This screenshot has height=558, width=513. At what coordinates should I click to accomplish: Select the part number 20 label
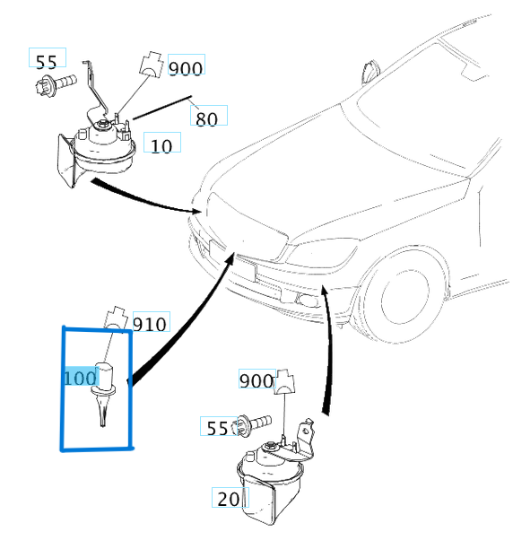click(x=228, y=499)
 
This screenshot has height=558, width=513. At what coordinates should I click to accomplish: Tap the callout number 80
click(x=207, y=117)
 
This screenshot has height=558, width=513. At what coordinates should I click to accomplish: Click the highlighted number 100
click(x=80, y=378)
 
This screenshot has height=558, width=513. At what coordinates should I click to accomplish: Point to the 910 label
click(x=150, y=323)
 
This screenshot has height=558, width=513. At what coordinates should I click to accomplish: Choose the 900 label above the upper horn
click(x=186, y=67)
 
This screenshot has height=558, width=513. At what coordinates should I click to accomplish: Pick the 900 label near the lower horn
click(x=256, y=380)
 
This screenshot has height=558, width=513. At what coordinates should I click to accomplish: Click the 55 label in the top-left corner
click(x=46, y=61)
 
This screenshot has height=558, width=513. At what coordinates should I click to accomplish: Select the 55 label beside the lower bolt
click(x=218, y=428)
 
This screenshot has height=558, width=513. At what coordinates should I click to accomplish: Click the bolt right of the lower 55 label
click(x=254, y=423)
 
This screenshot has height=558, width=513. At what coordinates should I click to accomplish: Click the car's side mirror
click(x=370, y=70)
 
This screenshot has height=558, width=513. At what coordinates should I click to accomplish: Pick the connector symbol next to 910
click(x=116, y=317)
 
